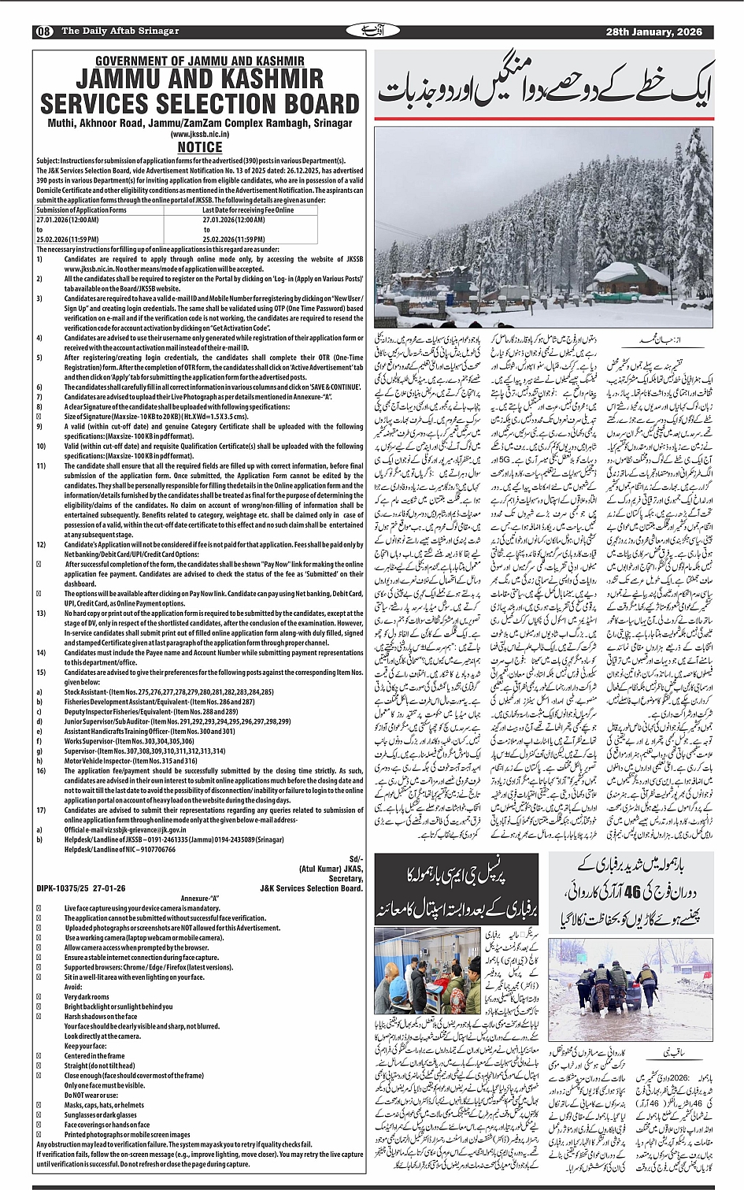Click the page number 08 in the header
click(43, 32)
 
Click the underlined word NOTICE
click(199, 147)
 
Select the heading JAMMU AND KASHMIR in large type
click(199, 80)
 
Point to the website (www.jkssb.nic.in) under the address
click(199, 135)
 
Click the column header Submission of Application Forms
click(81, 210)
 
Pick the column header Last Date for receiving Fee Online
click(248, 210)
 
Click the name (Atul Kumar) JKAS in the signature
click(331, 869)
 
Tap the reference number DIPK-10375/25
click(66, 888)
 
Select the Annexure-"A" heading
click(200, 899)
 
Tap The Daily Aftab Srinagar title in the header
click(120, 32)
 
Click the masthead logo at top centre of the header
click(364, 31)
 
